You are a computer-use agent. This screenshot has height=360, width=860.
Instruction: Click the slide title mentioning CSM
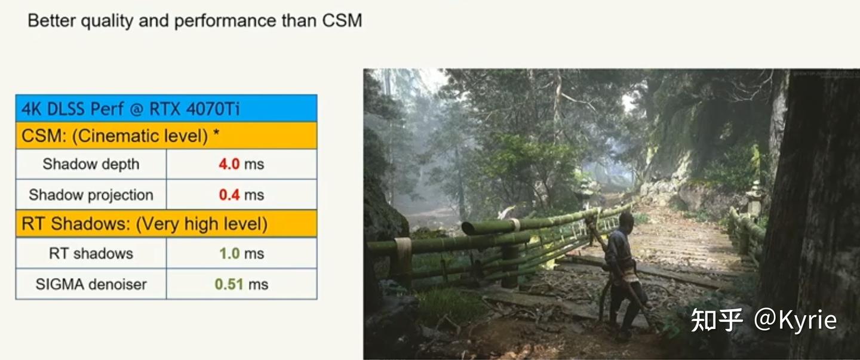[195, 21]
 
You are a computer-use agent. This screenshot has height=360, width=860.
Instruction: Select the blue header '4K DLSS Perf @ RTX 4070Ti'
[166, 108]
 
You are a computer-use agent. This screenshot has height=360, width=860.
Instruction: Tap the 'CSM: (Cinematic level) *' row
[166, 136]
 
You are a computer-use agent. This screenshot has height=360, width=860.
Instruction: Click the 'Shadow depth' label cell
[91, 164]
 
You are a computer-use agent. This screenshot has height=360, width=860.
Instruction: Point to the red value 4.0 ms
[241, 164]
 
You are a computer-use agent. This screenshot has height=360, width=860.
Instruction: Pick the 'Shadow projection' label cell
[91, 195]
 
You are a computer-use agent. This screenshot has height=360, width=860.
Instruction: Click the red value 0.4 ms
[241, 195]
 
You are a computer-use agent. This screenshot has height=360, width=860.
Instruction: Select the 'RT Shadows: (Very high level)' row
[166, 224]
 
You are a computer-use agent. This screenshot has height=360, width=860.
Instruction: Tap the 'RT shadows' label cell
[91, 253]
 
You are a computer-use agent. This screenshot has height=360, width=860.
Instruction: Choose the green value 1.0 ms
[241, 253]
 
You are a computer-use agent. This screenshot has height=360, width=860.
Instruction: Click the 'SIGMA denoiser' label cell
[91, 284]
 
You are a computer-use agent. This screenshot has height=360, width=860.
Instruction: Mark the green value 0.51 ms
[241, 284]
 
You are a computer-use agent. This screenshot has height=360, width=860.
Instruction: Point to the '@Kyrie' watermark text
[795, 320]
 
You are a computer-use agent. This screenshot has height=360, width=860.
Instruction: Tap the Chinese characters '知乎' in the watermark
[717, 320]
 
